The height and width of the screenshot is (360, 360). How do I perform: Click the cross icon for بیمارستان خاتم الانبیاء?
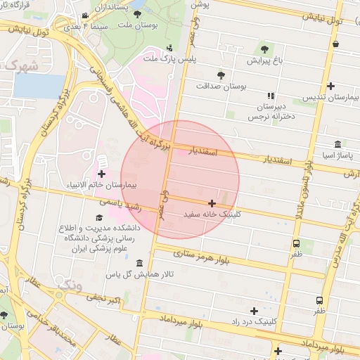coord(102,174)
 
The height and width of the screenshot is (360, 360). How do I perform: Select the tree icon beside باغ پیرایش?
coord(264,49)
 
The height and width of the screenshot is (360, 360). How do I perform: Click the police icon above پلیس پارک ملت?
coord(169,49)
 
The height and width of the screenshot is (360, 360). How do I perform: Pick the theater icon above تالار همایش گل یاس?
coord(139,262)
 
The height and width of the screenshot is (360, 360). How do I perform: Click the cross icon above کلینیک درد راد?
coord(254,310)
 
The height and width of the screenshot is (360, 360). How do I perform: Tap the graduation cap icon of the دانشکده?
coord(99,218)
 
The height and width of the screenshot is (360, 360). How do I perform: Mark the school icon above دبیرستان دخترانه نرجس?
coord(271,96)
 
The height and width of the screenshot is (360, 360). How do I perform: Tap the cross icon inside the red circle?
coord(212,203)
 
